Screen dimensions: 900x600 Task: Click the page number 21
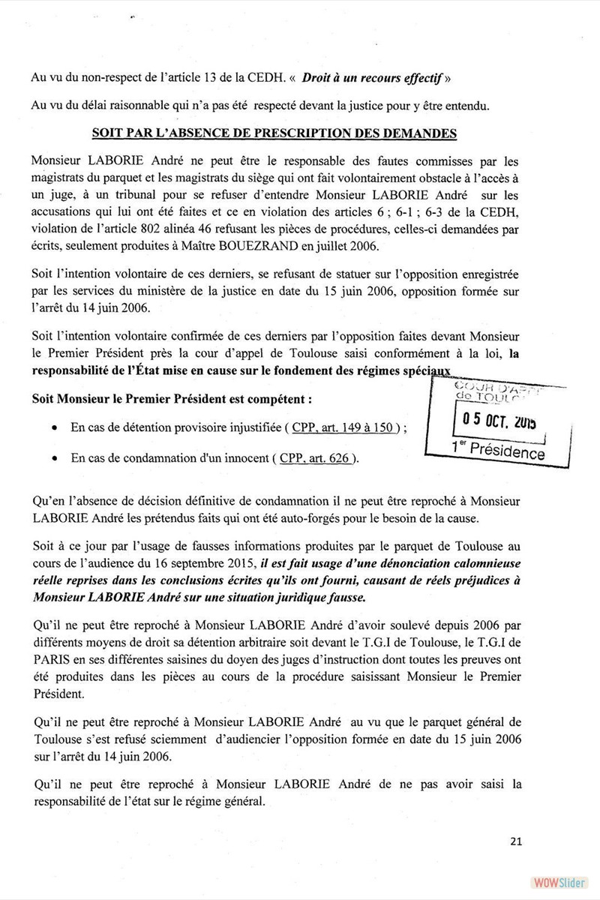click(514, 841)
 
